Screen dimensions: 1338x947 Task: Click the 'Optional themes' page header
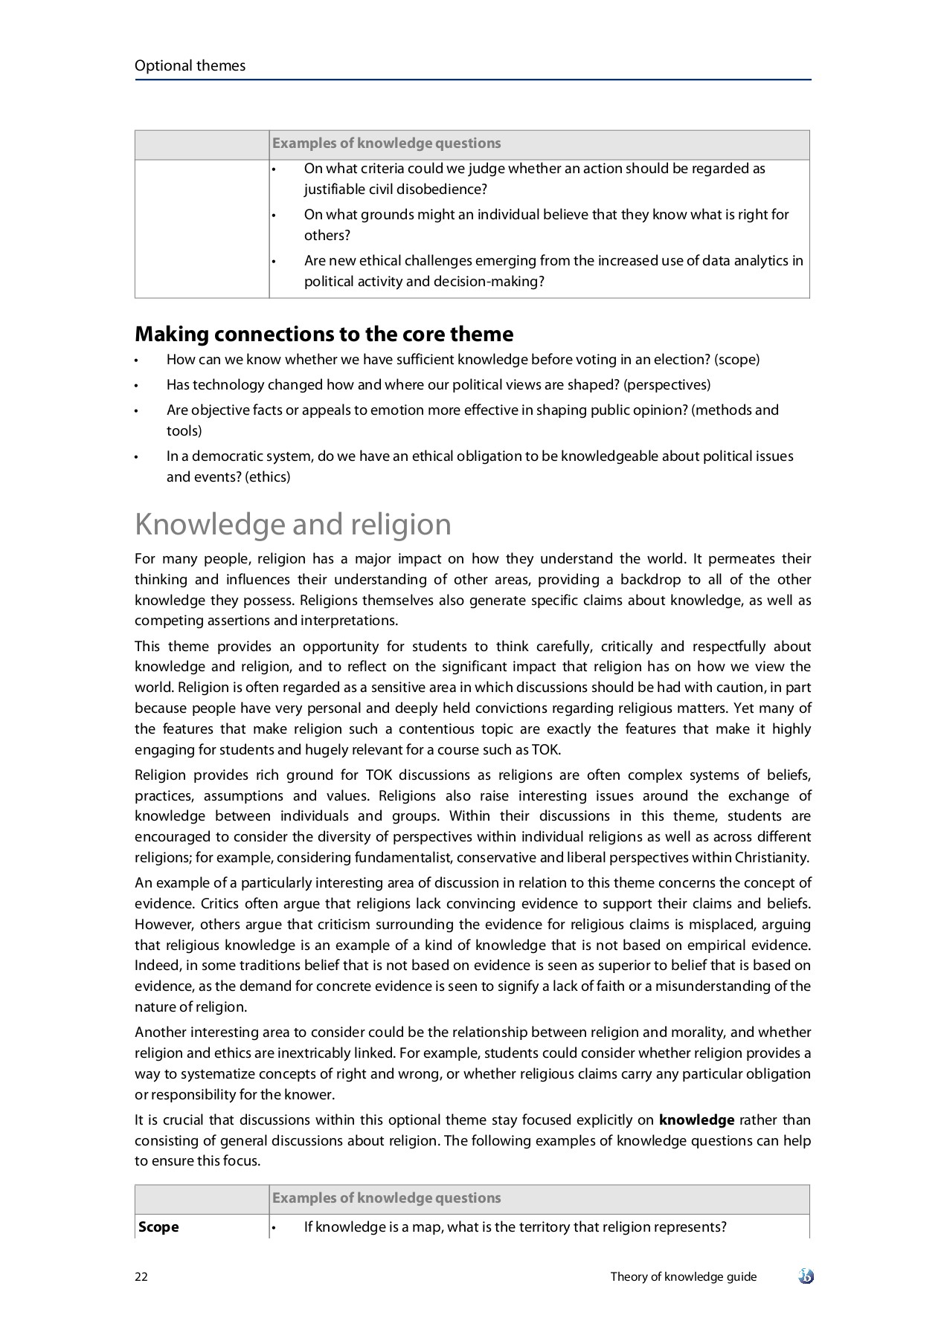tap(190, 65)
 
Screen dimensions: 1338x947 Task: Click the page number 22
tap(141, 1277)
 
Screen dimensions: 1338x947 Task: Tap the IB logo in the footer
tap(806, 1277)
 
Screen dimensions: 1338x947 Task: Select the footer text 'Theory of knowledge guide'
tap(683, 1277)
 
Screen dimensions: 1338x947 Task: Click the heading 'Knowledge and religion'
tap(292, 525)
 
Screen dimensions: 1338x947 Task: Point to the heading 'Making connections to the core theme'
tap(324, 334)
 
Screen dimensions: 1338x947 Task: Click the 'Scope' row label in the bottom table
tap(158, 1227)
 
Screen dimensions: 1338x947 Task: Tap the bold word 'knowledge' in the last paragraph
tap(696, 1120)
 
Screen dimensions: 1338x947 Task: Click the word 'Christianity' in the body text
tap(771, 858)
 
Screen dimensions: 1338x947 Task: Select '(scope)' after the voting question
tap(736, 360)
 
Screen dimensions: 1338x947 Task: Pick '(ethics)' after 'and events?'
tap(267, 477)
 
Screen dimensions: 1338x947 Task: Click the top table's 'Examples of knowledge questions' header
tap(386, 143)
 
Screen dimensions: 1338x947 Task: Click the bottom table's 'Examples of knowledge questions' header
tap(386, 1198)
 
